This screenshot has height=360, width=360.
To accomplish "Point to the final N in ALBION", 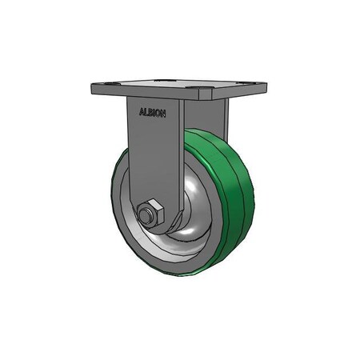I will [x=164, y=114].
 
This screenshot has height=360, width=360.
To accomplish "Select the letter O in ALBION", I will [x=159, y=114].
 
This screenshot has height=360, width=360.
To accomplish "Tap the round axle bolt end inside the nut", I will [x=146, y=214].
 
